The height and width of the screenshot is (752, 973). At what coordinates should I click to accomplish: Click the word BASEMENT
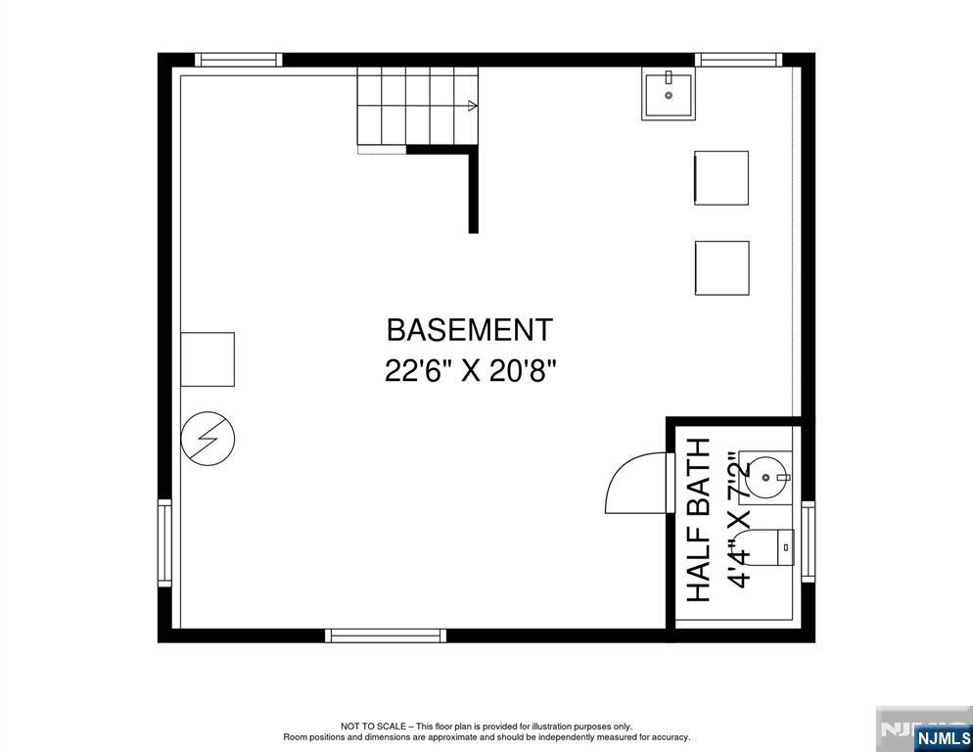(470, 329)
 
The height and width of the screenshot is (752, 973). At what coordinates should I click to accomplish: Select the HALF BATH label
(698, 520)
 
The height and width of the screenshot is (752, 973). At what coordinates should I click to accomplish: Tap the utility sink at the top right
(669, 94)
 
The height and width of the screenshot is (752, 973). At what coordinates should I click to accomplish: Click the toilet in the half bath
(773, 547)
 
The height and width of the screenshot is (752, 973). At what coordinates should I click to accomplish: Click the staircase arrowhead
(473, 106)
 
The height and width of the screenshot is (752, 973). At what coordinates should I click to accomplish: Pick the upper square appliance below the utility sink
(721, 178)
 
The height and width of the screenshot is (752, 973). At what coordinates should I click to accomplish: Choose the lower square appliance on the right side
(721, 267)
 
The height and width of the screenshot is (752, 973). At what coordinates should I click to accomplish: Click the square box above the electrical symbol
(208, 359)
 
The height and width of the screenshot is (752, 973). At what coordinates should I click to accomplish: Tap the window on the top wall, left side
(239, 60)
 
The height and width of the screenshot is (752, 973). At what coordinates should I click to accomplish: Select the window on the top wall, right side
(740, 60)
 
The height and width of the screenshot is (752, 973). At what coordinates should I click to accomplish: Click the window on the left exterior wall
(164, 542)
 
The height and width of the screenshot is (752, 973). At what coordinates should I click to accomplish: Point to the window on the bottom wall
(386, 635)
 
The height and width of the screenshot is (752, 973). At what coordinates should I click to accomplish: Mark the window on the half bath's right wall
(809, 541)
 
